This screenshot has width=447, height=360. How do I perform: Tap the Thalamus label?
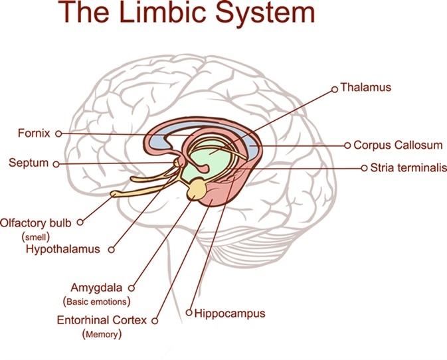click(x=365, y=87)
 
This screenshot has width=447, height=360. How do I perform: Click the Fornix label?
click(x=34, y=133)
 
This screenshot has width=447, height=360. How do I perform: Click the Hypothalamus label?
click(x=62, y=249)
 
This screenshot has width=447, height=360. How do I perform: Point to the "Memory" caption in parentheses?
click(x=102, y=334)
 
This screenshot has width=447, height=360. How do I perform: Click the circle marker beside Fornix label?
click(x=58, y=134)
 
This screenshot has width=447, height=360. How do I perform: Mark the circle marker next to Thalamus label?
click(x=334, y=87)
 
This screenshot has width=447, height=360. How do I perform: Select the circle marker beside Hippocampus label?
click(x=189, y=312)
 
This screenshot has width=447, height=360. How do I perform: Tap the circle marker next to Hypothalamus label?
click(x=111, y=250)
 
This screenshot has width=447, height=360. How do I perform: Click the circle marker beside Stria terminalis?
click(x=363, y=168)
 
